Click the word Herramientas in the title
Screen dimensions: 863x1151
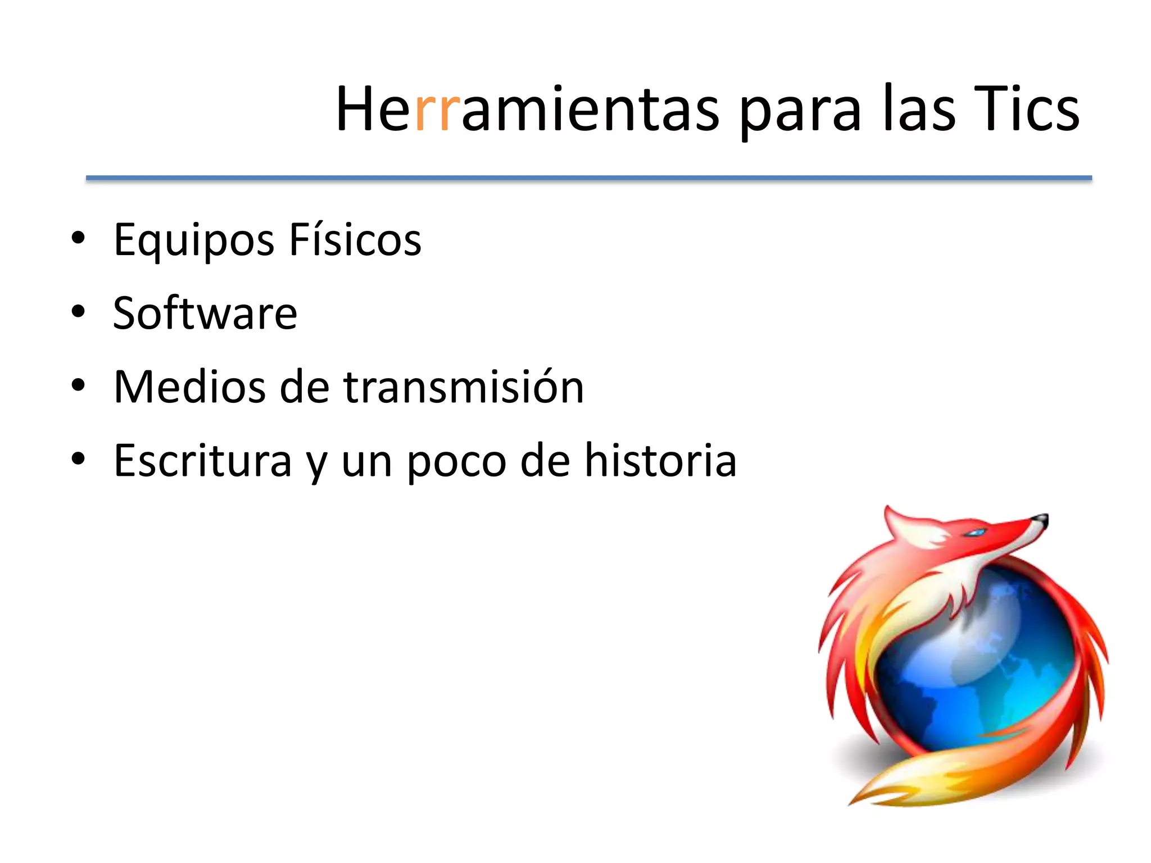tap(527, 109)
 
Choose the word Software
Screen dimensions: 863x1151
tap(205, 313)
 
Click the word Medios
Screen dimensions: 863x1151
tap(189, 387)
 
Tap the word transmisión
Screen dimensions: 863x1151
tap(464, 387)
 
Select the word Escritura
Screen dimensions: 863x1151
tap(202, 461)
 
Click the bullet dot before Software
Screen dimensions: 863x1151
tap(78, 312)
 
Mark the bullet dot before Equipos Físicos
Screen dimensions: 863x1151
tap(78, 238)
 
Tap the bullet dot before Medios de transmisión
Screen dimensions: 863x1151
tap(78, 385)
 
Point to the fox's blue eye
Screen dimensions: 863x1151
tap(977, 532)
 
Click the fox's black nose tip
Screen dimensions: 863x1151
tap(1043, 518)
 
